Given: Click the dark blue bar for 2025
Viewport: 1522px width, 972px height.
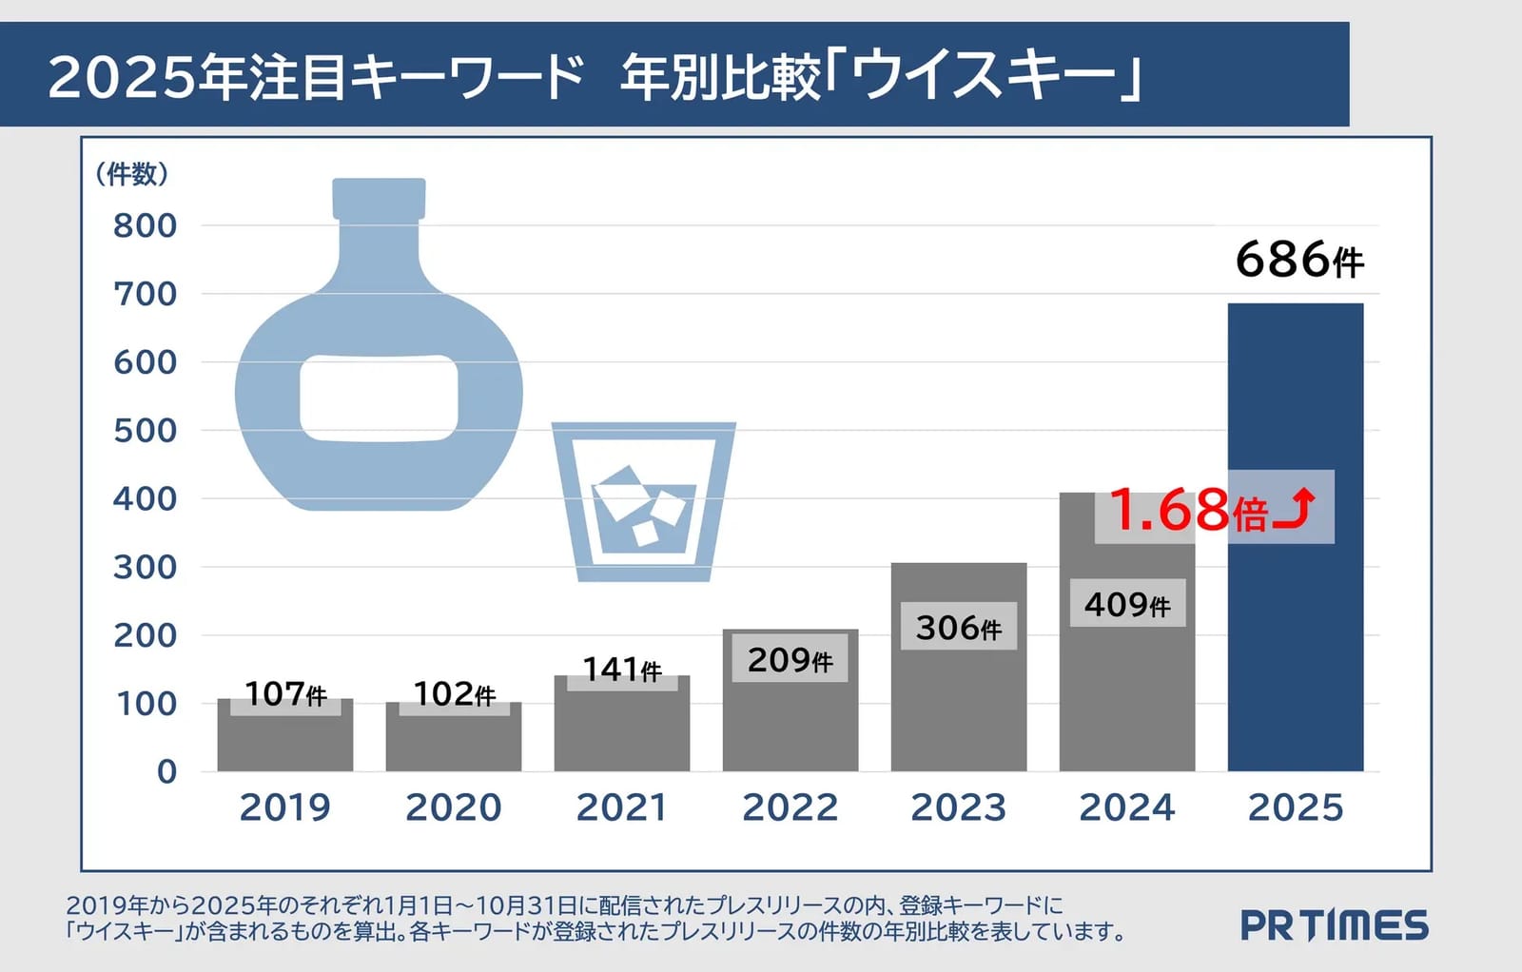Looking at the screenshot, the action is click(1295, 536).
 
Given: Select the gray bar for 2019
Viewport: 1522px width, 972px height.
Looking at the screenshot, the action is click(285, 735).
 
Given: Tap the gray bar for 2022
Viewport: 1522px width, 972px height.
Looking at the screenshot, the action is click(790, 700).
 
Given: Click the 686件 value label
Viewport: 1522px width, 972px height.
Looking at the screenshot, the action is click(1299, 260).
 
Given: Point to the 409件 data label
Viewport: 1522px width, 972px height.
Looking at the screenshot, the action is click(1127, 604).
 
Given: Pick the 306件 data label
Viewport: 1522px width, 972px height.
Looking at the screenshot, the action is click(959, 627).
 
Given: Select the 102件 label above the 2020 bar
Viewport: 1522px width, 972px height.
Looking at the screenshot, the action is click(455, 693).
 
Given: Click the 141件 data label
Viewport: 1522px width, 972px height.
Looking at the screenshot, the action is click(622, 669).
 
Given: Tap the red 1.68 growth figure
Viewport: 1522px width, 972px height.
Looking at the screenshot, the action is click(1169, 510).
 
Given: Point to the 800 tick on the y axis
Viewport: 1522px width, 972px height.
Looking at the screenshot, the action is click(145, 225).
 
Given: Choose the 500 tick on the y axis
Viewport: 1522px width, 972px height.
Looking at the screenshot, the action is click(145, 431).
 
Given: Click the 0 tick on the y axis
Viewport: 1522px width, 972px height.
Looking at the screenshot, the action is click(166, 771).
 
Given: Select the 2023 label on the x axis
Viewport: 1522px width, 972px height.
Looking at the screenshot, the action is click(958, 807).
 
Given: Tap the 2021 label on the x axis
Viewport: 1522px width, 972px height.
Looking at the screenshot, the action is click(621, 807).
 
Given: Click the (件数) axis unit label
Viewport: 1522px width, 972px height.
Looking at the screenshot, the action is click(131, 175).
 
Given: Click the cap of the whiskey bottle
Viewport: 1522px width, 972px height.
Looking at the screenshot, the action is click(379, 199).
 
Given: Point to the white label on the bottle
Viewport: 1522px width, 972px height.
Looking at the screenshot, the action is click(379, 399).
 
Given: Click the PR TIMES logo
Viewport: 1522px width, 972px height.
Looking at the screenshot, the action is click(1335, 924).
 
